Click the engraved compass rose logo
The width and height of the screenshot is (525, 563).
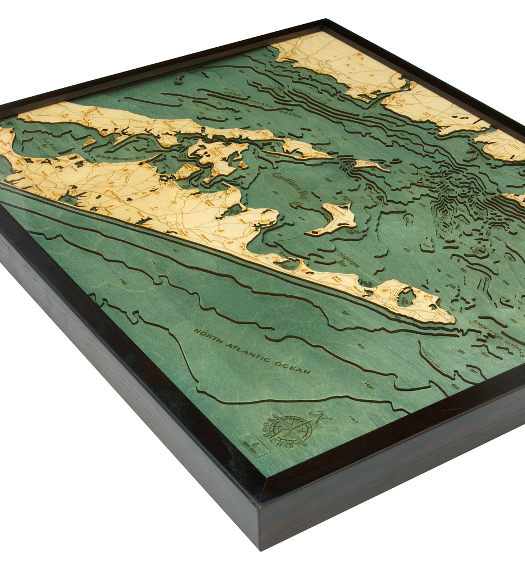click(x=291, y=429)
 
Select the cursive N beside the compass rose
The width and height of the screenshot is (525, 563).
click(x=319, y=417)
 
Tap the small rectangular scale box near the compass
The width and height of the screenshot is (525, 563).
click(x=254, y=445)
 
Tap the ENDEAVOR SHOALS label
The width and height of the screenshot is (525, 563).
click(x=498, y=330)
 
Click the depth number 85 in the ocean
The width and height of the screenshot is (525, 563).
click(x=360, y=346)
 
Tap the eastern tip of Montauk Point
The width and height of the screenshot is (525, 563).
click(x=453, y=319)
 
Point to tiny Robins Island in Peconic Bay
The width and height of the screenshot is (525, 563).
click(x=89, y=142)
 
